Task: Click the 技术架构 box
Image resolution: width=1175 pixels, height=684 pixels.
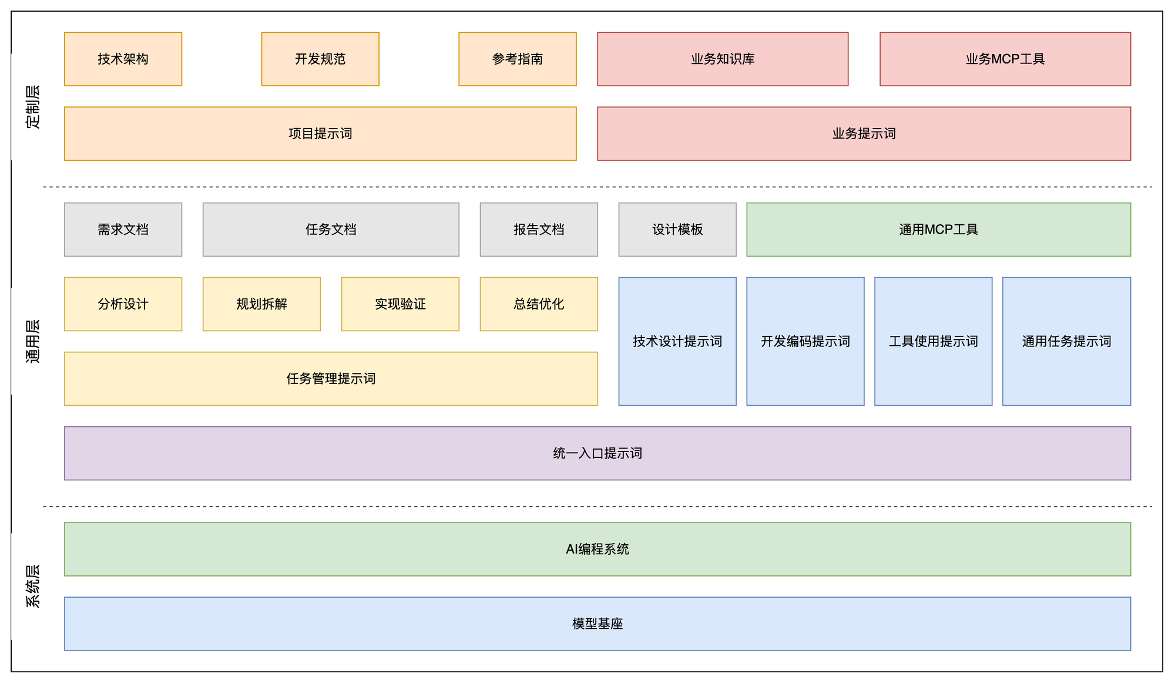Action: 123,59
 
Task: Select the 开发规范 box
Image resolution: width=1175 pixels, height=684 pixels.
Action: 320,59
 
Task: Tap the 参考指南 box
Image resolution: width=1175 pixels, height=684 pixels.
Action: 517,59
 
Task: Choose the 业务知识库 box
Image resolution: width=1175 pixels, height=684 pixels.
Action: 723,59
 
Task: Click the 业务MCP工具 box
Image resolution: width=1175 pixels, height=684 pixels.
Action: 1005,59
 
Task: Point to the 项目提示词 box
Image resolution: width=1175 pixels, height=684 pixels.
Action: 320,133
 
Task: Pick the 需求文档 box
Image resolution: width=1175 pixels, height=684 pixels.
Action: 123,229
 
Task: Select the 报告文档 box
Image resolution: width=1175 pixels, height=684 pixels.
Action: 539,229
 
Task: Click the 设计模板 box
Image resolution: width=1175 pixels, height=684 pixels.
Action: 677,229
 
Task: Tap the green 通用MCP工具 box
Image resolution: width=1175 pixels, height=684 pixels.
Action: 938,229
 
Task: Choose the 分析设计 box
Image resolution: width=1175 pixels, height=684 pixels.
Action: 123,304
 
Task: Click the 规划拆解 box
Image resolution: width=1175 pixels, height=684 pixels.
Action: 261,304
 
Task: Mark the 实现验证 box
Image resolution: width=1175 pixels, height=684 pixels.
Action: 400,304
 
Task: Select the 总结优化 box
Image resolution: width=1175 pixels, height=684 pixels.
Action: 539,304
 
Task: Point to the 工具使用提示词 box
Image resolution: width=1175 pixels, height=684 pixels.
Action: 933,341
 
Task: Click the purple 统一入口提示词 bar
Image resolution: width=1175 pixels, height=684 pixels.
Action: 597,453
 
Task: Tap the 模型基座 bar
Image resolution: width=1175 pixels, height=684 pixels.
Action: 597,623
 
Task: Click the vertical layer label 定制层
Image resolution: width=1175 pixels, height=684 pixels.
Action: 33,107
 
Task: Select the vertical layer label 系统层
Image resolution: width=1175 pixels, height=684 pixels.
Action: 33,586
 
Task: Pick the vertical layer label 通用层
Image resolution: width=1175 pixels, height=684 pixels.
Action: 33,341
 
